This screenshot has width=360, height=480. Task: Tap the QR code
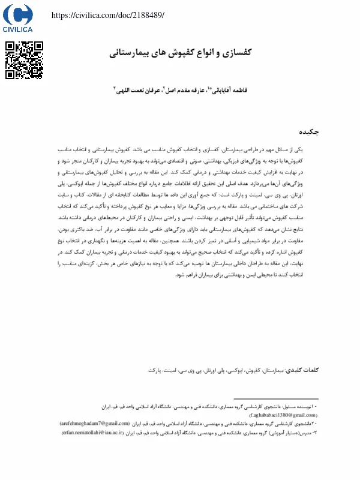[25, 60]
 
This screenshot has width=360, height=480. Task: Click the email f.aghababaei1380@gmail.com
[281, 415]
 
